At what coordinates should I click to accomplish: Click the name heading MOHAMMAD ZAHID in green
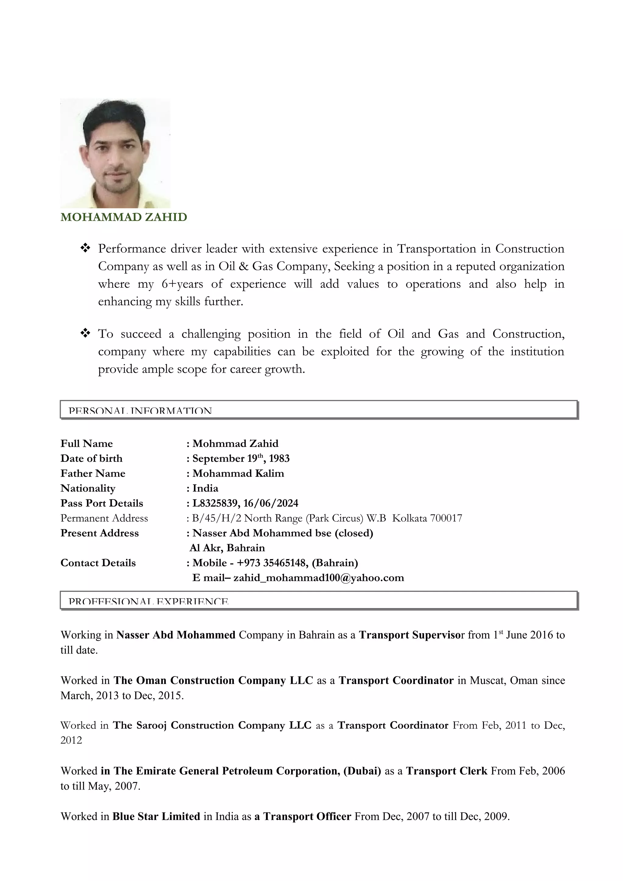[124, 217]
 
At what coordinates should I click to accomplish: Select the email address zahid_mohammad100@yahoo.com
[318, 578]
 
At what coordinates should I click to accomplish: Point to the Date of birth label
[91, 458]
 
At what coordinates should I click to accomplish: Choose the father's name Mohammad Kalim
[238, 474]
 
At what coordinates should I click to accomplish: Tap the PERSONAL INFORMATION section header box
[318, 409]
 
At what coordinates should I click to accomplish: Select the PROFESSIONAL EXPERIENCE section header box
[318, 600]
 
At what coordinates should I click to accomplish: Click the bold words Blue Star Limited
[156, 816]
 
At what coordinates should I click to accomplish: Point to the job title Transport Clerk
[447, 771]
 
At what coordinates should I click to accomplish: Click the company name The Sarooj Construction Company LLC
[212, 725]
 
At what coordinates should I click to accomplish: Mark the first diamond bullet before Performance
[85, 248]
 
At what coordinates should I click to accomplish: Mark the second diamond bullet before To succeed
[85, 333]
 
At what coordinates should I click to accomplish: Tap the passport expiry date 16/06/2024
[271, 503]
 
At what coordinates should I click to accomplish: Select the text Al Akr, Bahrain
[227, 548]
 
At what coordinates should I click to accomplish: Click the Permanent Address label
[104, 518]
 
